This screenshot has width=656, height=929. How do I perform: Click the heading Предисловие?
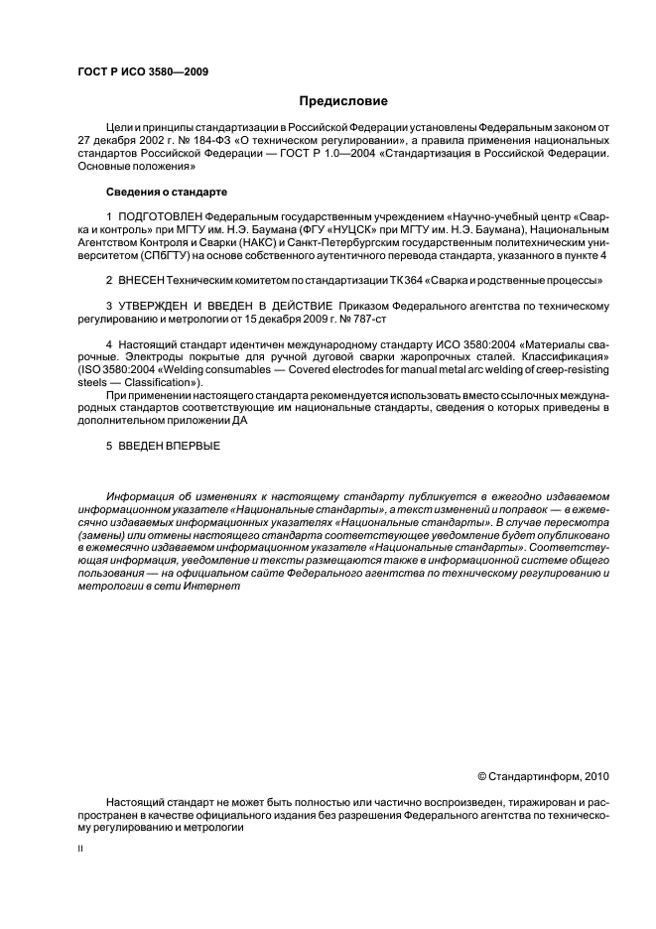point(343,100)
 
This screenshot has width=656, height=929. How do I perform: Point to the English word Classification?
point(152,382)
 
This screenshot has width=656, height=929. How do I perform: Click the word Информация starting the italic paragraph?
point(139,495)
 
